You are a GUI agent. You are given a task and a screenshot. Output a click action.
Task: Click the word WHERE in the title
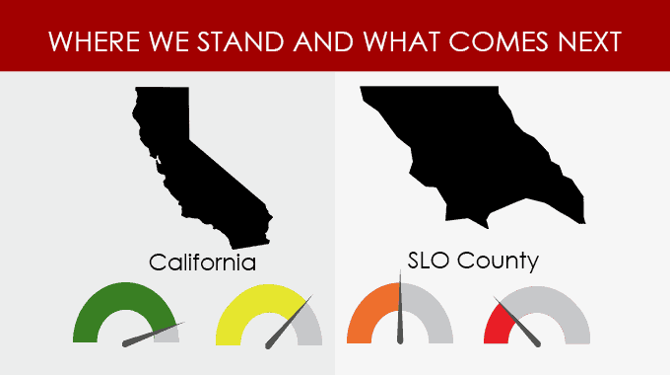(94, 41)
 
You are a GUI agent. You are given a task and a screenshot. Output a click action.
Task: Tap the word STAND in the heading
(240, 41)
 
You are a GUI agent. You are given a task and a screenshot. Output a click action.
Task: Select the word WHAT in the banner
(402, 41)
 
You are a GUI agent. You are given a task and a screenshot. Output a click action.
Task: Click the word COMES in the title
(499, 41)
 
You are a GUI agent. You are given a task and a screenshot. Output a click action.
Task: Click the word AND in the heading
(323, 41)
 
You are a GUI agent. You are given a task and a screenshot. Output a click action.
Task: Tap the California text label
(203, 262)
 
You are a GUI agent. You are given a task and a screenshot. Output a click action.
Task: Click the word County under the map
(498, 261)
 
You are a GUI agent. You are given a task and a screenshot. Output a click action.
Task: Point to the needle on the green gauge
(153, 335)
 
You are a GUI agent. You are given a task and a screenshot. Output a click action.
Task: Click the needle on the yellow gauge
(289, 322)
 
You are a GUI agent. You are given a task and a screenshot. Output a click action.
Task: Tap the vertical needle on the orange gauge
(400, 307)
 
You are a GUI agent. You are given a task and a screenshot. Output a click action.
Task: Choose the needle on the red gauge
(517, 322)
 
